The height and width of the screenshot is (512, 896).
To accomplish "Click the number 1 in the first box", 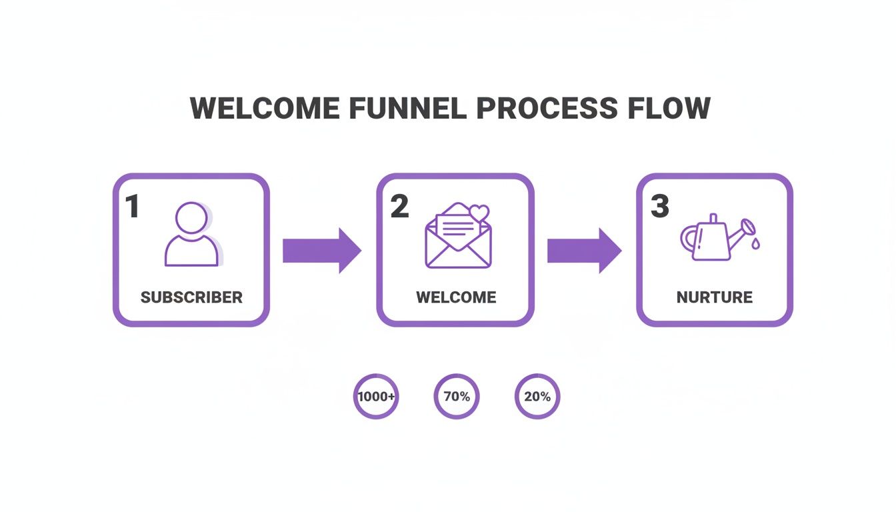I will tap(133, 207).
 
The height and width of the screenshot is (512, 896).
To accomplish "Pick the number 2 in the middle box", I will tap(399, 207).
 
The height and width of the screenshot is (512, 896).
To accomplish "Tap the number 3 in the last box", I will tap(659, 207).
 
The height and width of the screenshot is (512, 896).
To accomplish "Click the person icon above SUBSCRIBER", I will tap(191, 234).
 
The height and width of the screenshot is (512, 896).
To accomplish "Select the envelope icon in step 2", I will tap(458, 238).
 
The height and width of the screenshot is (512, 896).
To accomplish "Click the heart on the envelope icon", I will tap(479, 213).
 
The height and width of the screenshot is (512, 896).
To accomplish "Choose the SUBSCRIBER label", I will tap(191, 297).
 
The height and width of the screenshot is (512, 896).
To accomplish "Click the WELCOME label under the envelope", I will tap(456, 297).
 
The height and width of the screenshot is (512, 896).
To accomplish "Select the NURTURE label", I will tap(715, 297).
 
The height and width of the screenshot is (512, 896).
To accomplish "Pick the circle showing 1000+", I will tap(376, 397).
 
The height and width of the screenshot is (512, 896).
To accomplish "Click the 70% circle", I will tap(457, 397).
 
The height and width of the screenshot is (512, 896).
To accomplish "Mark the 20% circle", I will tap(537, 397).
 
